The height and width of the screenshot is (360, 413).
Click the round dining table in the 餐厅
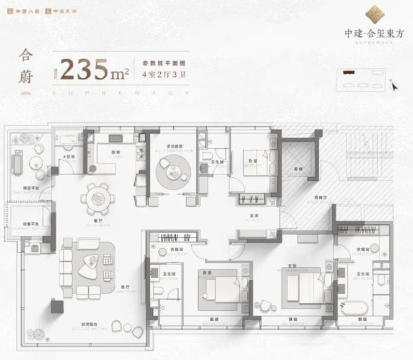[98, 200]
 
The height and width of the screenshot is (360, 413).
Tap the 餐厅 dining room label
[98, 219]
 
